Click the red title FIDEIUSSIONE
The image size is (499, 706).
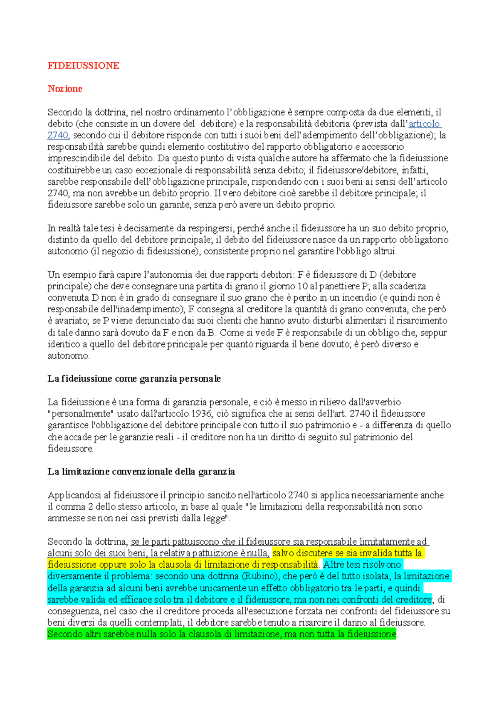[83, 66]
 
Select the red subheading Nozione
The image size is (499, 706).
[65, 89]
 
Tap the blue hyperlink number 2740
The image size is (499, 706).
[58, 135]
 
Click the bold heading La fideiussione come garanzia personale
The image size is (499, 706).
[134, 379]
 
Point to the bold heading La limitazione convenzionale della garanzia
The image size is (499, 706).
[141, 472]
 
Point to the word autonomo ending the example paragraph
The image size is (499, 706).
[68, 356]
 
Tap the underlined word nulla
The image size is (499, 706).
[258, 553]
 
